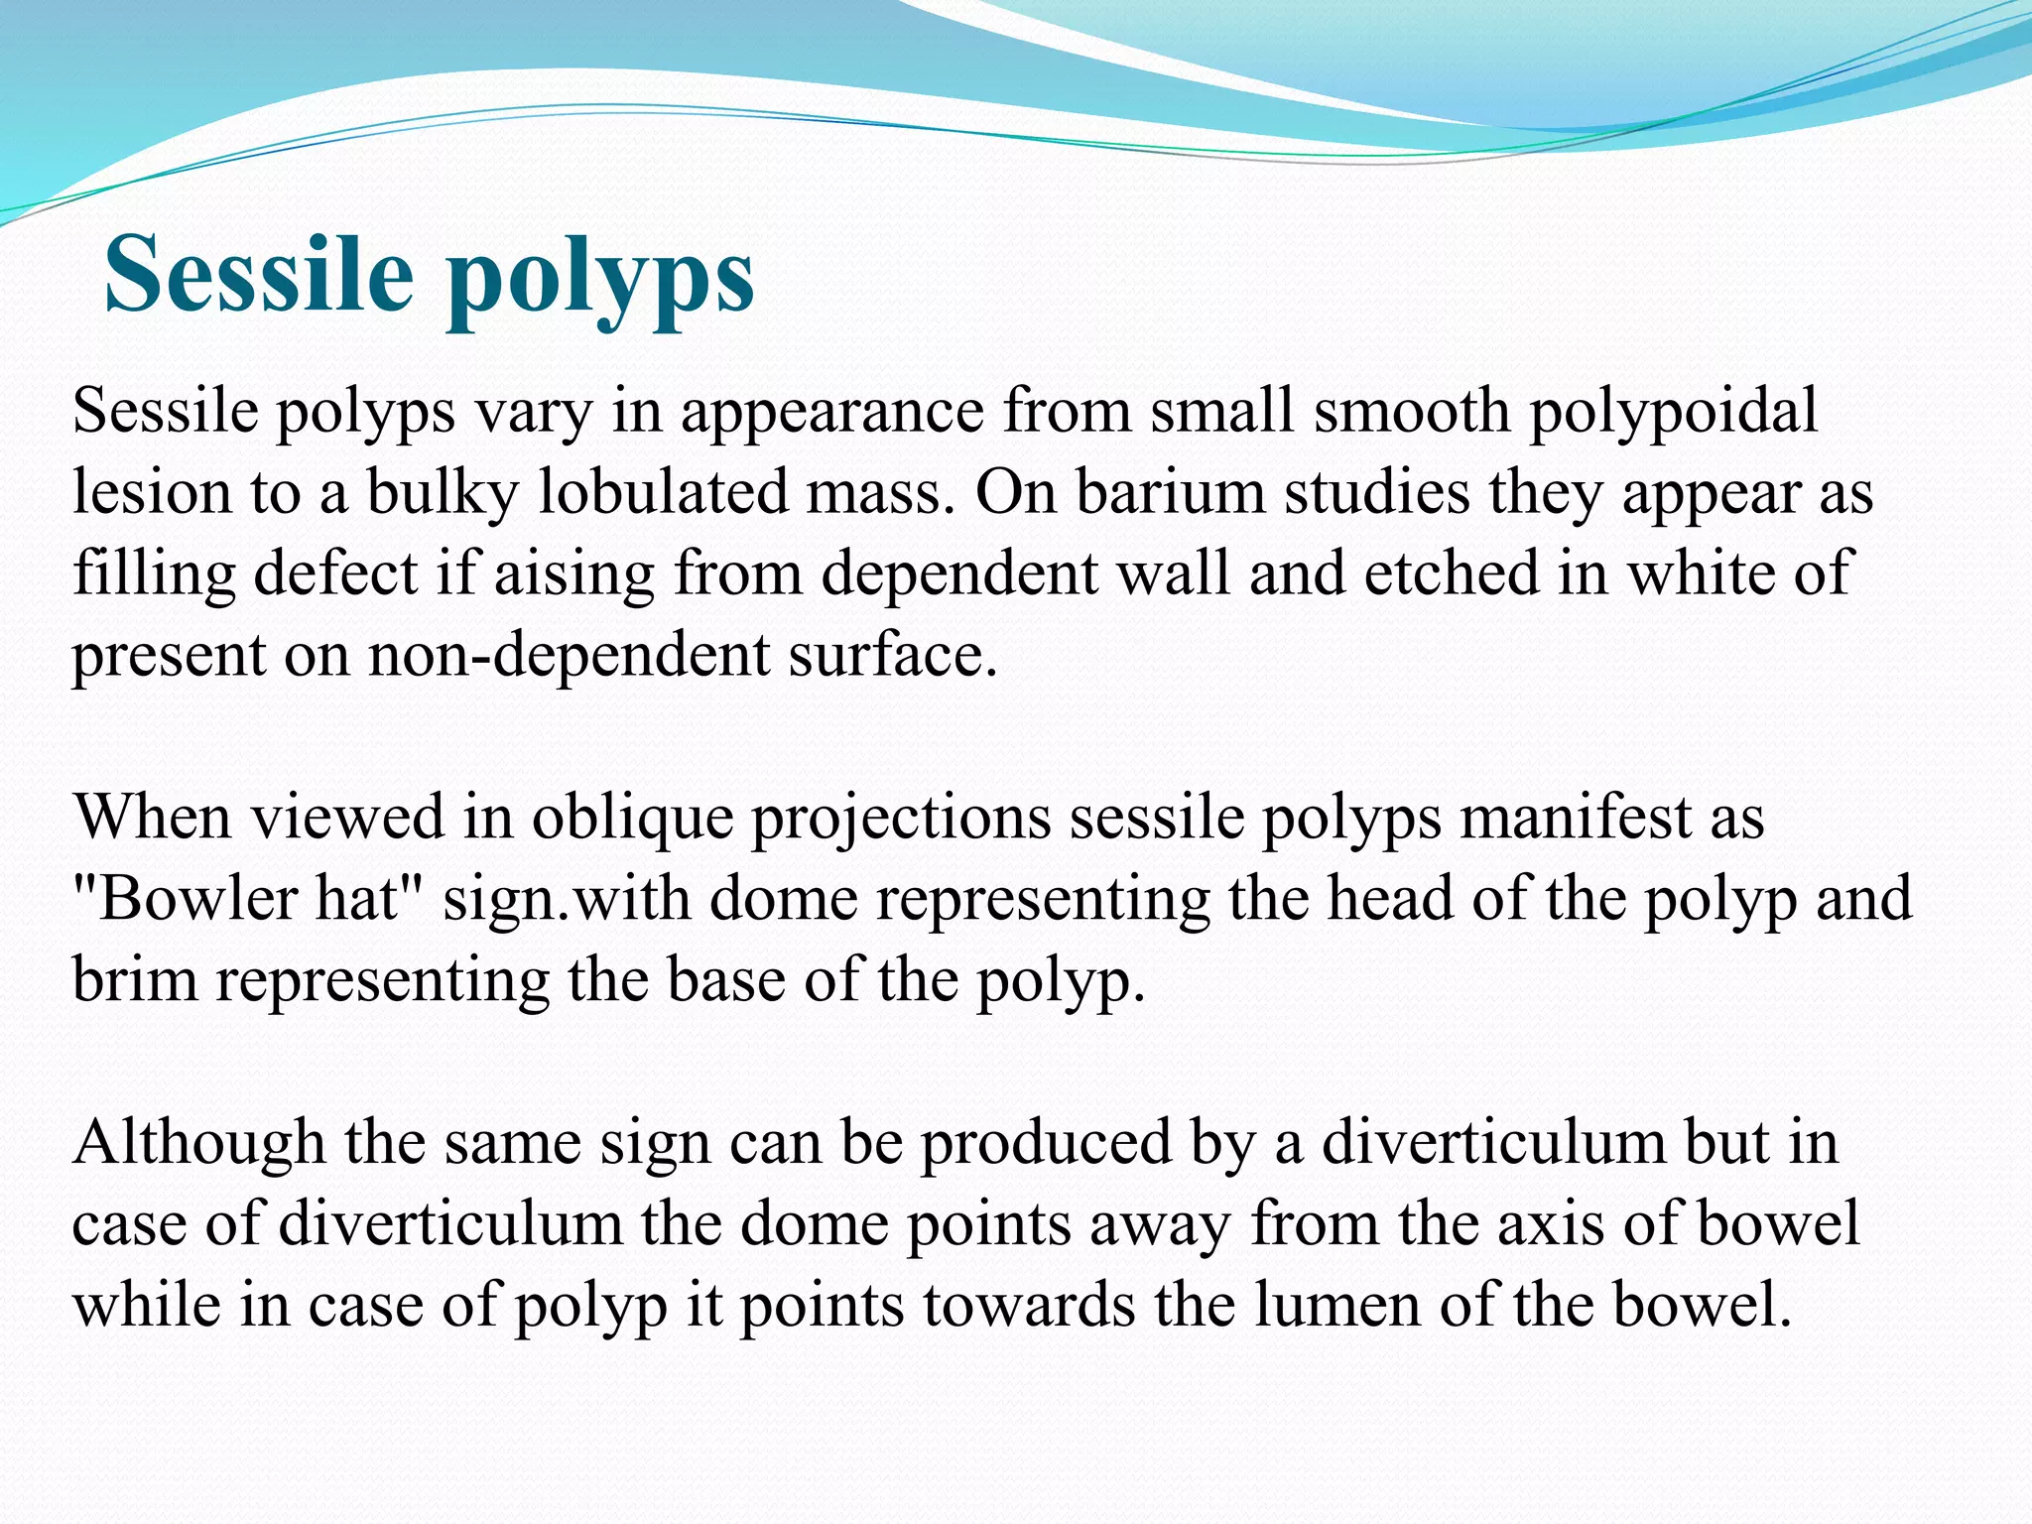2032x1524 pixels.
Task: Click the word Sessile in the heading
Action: pyautogui.click(x=258, y=273)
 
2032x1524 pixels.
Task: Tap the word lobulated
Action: pyautogui.click(x=663, y=492)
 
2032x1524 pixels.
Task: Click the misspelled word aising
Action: pyautogui.click(x=574, y=575)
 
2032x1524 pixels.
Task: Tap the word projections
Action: pyautogui.click(x=901, y=820)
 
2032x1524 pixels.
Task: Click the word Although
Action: pyautogui.click(x=198, y=1143)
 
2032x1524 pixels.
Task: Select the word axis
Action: pyautogui.click(x=1550, y=1224)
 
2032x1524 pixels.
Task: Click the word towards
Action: pyautogui.click(x=1028, y=1306)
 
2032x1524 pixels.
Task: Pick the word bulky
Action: pyautogui.click(x=443, y=492)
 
